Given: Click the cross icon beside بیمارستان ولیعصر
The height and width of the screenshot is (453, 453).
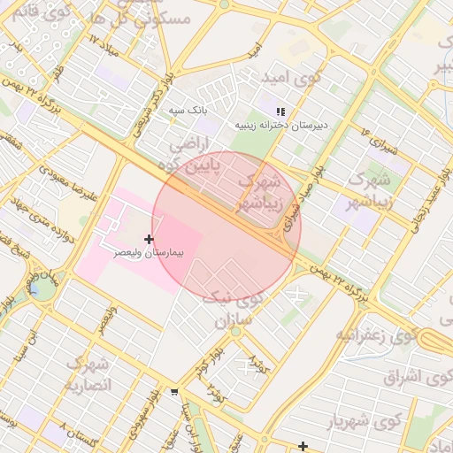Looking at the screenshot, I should coord(149,239).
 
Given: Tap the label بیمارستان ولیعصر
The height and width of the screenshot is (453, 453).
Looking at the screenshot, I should coord(149,253).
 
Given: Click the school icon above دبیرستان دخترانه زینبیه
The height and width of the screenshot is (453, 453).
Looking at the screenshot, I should coord(280,111).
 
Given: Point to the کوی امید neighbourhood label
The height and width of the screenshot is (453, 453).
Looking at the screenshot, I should coord(287,79).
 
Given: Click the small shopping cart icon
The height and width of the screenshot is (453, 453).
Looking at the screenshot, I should coord(174,391).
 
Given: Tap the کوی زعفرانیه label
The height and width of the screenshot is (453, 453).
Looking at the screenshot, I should coord(375,335).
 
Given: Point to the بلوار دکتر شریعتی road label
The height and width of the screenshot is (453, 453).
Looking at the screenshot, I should coord(148,114).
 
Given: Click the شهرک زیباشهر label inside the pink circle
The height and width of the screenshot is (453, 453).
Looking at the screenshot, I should coord(260,192).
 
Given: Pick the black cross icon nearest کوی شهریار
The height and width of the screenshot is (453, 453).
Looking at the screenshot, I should coord(303,446).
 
